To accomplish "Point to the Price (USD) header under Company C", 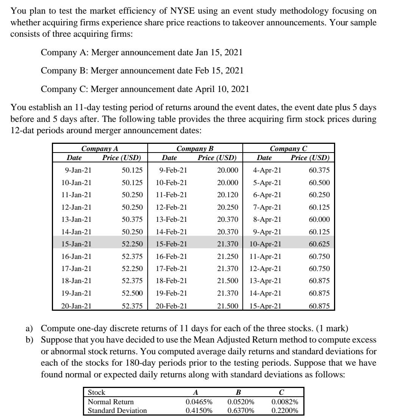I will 310,157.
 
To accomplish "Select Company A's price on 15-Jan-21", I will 132,244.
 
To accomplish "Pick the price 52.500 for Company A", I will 132,293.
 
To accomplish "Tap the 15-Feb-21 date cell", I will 172,244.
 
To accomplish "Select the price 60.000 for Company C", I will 319,220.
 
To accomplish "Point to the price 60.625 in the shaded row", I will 319,244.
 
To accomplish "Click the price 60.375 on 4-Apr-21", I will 319,170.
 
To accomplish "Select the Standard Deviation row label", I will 117,410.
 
